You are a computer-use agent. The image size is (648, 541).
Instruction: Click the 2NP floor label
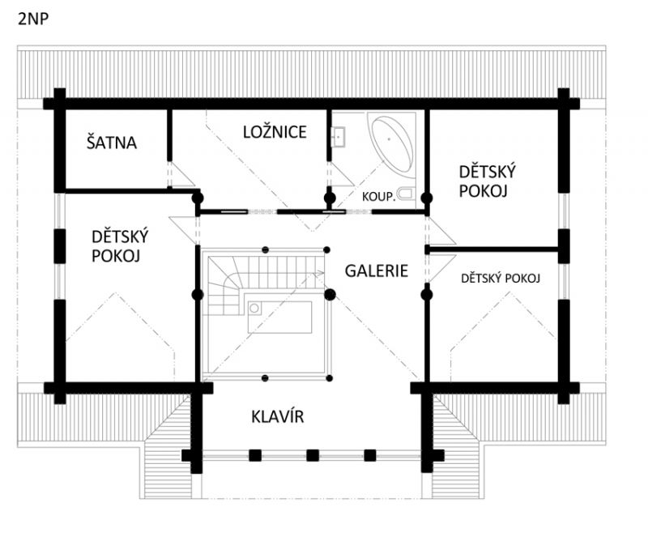pyautogui.click(x=33, y=19)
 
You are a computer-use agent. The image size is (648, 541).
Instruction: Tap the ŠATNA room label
pyautogui.click(x=112, y=142)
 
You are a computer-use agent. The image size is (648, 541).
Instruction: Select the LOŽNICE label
pyautogui.click(x=275, y=132)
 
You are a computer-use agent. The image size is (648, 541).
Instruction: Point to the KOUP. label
pyautogui.click(x=379, y=196)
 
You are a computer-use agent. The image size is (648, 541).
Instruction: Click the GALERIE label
pyautogui.click(x=377, y=270)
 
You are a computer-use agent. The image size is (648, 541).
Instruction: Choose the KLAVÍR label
pyautogui.click(x=278, y=416)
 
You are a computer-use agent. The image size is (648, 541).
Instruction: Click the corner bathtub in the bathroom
pyautogui.click(x=392, y=144)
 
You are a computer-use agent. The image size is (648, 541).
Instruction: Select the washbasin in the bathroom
pyautogui.click(x=338, y=137)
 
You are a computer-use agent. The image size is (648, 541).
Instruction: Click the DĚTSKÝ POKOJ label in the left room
pyautogui.click(x=120, y=246)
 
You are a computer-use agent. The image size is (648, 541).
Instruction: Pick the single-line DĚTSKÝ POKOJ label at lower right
pyautogui.click(x=501, y=278)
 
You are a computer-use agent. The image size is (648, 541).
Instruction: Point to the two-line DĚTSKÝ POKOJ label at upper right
pyautogui.click(x=488, y=181)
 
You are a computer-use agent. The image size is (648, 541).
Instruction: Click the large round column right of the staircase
pyautogui.click(x=330, y=295)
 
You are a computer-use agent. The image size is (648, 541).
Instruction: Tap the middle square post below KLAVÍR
pyautogui.click(x=313, y=455)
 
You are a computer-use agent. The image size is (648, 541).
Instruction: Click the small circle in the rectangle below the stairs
pyautogui.click(x=254, y=309)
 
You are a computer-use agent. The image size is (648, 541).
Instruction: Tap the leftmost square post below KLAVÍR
pyautogui.click(x=255, y=455)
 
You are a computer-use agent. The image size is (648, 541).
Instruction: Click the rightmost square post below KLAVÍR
pyautogui.click(x=370, y=455)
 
